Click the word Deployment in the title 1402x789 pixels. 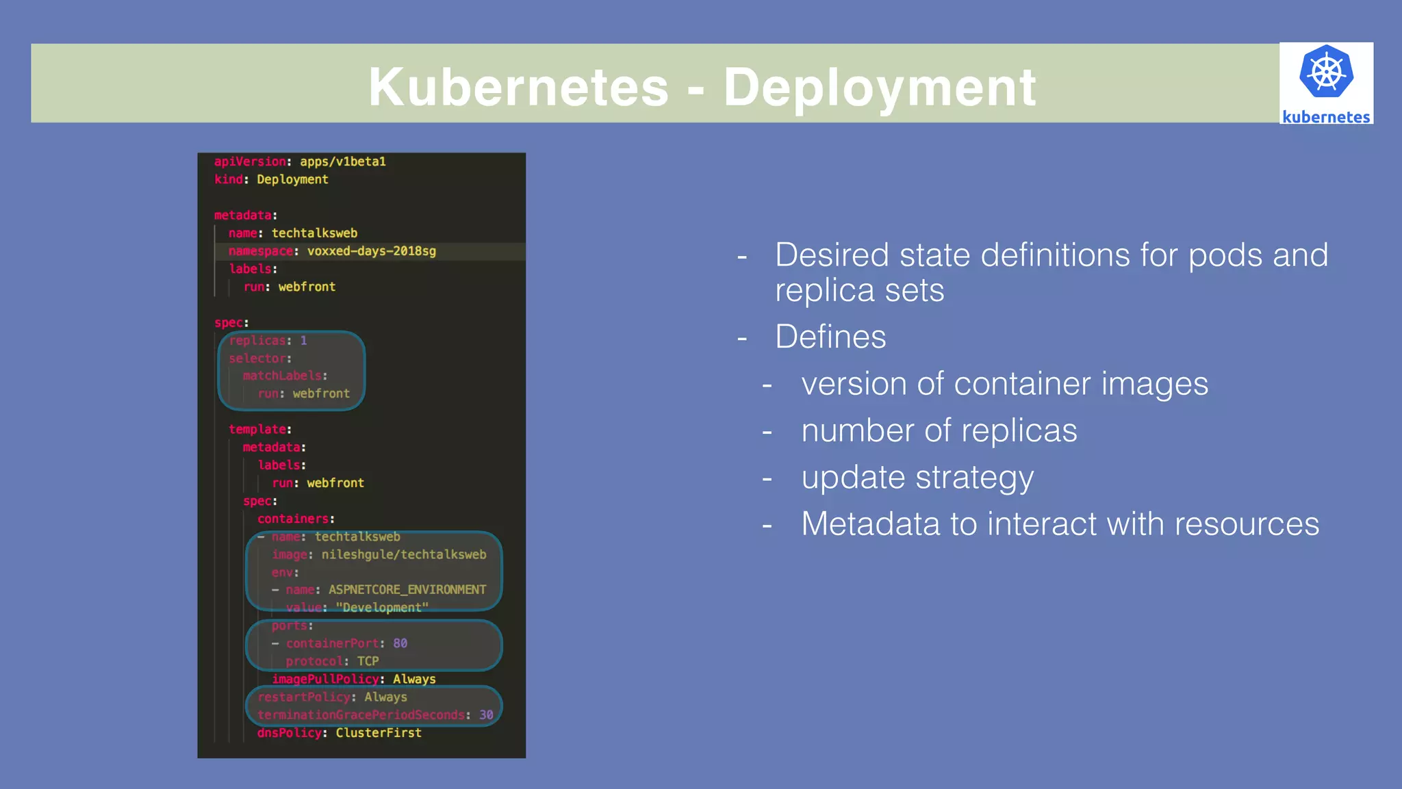[880, 88]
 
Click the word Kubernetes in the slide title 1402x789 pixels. [518, 88]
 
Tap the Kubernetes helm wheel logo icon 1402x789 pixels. [1326, 72]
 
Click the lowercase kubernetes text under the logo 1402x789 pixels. [1326, 117]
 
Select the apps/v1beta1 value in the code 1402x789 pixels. [342, 161]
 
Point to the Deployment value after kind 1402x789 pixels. [292, 179]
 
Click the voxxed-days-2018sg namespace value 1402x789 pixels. [371, 251]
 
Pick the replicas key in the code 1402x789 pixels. [257, 340]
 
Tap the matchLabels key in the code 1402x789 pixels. [281, 376]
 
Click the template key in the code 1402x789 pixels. [257, 429]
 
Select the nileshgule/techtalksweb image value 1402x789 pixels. [404, 554]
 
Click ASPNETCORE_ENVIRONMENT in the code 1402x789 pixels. [407, 589]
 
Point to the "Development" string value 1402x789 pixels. [382, 608]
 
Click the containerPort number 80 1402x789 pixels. [400, 643]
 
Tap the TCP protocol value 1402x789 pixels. [368, 661]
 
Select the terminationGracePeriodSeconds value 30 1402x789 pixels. [486, 714]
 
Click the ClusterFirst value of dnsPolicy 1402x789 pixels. [379, 733]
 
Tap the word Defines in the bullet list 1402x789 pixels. [830, 337]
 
